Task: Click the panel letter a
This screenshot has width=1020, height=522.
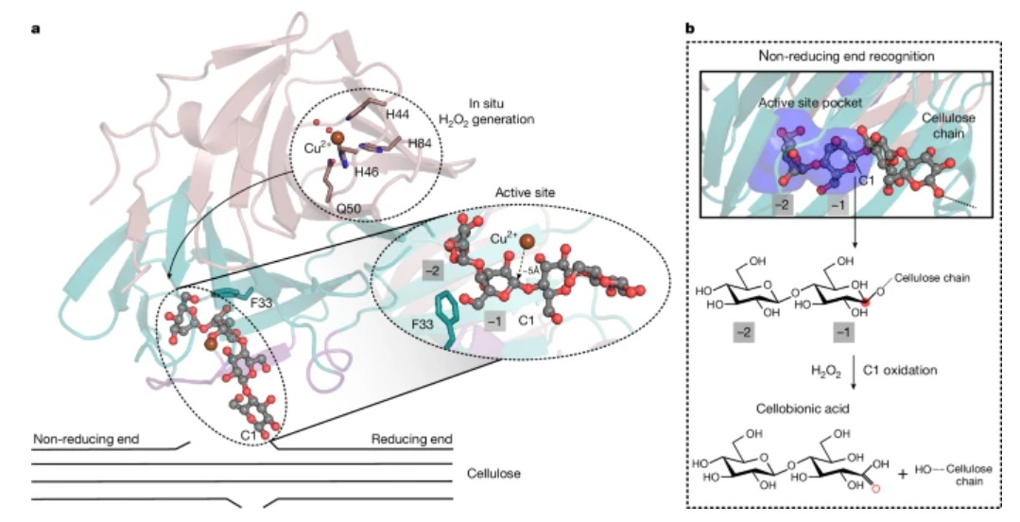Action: click(x=35, y=27)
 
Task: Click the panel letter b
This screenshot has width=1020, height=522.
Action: click(x=690, y=27)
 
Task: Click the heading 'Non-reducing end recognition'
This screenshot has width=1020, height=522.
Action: click(x=848, y=57)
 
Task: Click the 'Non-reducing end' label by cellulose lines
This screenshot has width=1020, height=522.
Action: click(x=87, y=439)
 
